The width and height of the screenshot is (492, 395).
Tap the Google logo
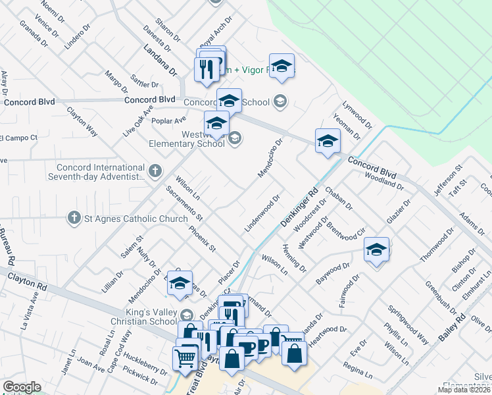pos(22,387)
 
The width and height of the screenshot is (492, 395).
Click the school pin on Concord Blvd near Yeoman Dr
pos(328,141)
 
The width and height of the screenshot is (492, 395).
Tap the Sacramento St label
pos(185,203)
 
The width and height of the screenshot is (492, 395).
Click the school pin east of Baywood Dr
pos(376,251)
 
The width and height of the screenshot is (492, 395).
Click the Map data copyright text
pos(464,390)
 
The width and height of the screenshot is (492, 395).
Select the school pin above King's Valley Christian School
pos(179,284)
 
